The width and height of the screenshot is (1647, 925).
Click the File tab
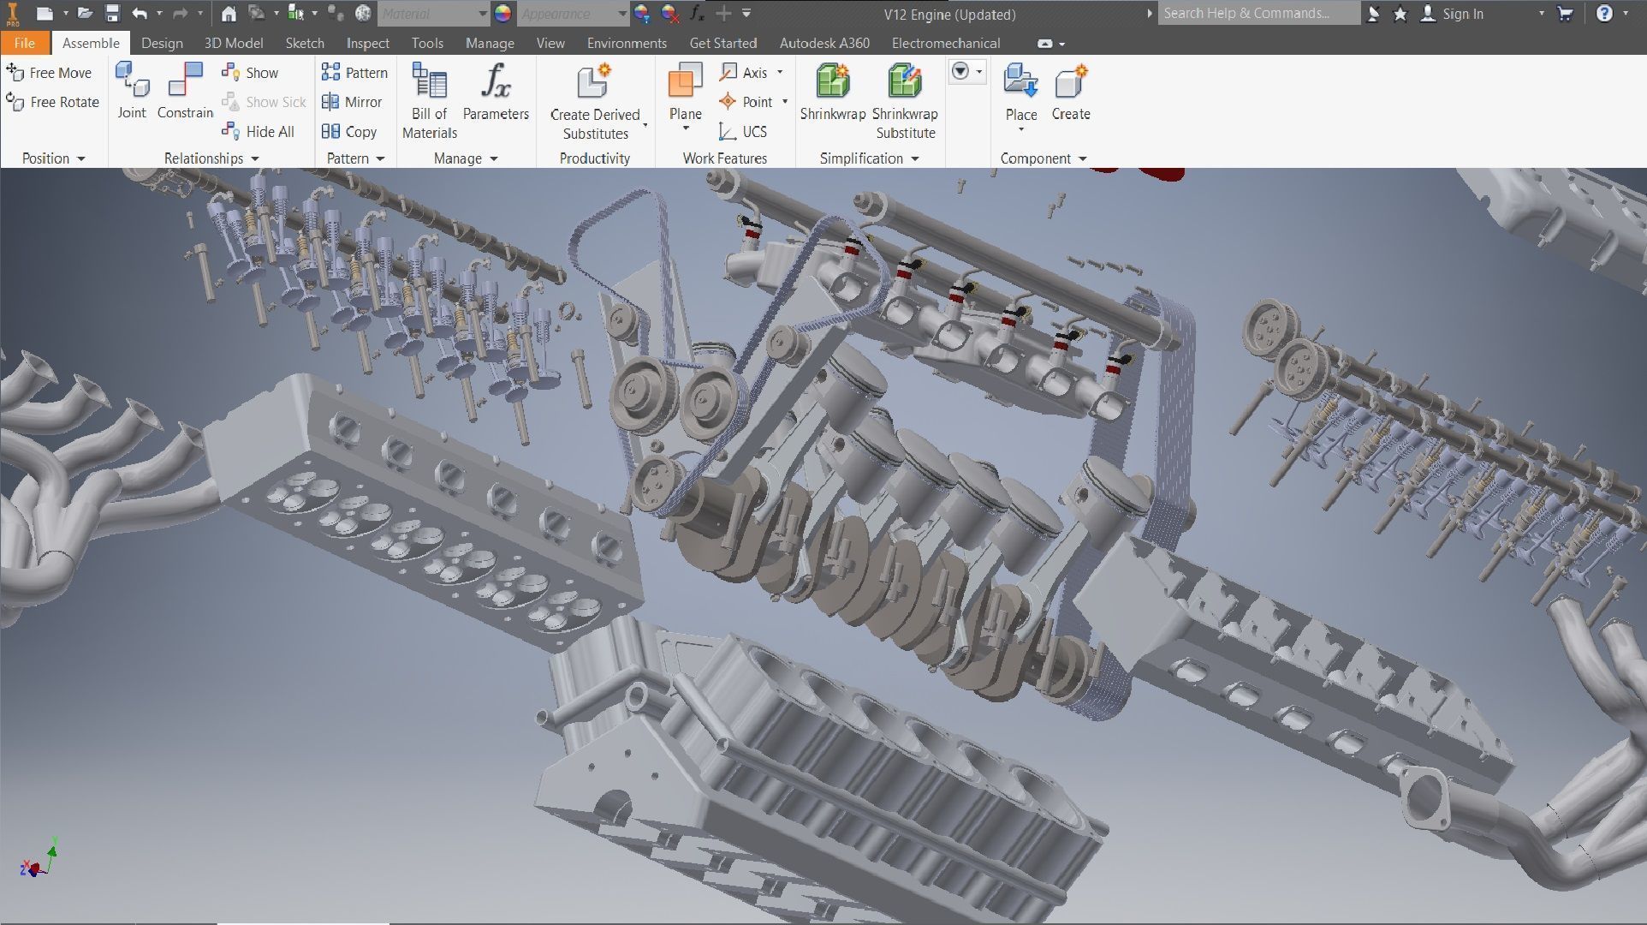pos(24,43)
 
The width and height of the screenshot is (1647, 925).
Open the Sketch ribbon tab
pos(304,43)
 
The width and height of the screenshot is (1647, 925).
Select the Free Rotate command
pos(53,102)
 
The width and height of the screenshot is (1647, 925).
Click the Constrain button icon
pos(185,81)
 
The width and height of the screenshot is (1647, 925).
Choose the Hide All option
pos(259,131)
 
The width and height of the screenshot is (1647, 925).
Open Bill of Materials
pos(429,101)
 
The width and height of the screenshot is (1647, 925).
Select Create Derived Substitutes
pos(595,101)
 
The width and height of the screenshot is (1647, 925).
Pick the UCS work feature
pos(743,131)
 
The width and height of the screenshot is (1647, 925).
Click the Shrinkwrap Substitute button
pos(905,101)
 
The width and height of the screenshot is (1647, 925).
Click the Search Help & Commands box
pos(1257,13)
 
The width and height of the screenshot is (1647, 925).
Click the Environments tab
pos(626,43)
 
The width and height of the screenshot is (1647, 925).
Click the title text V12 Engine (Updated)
pos(949,15)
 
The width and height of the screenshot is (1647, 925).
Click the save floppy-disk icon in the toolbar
pos(112,13)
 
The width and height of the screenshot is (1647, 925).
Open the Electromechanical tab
pos(945,43)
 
